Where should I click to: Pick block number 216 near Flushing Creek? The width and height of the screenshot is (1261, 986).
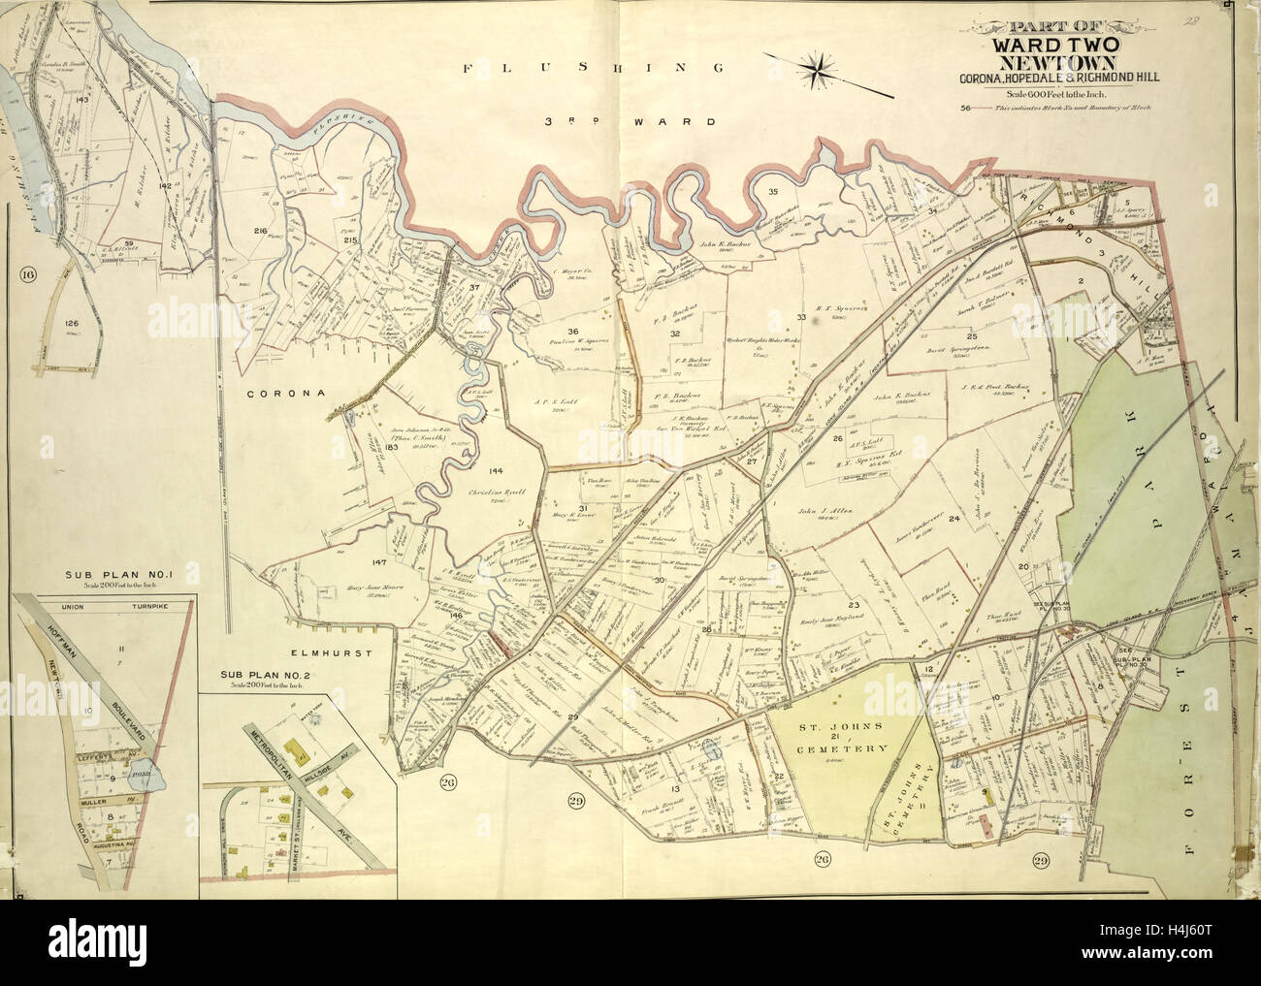(260, 231)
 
